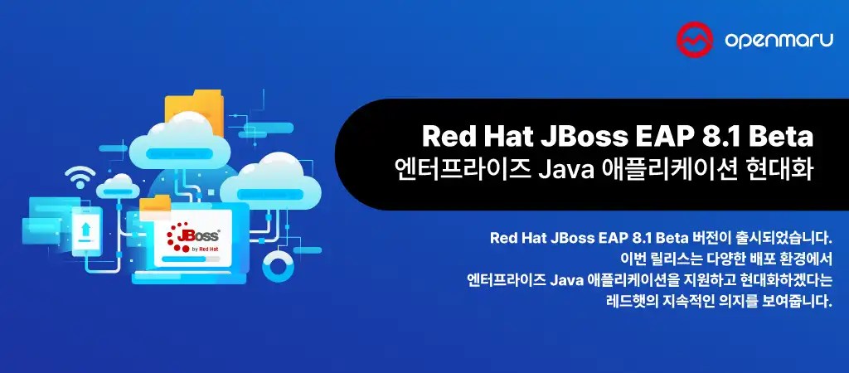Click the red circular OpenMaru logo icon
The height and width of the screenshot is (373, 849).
[691, 36]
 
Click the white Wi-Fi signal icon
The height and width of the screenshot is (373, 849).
[81, 177]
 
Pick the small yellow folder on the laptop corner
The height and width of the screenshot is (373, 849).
[155, 206]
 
